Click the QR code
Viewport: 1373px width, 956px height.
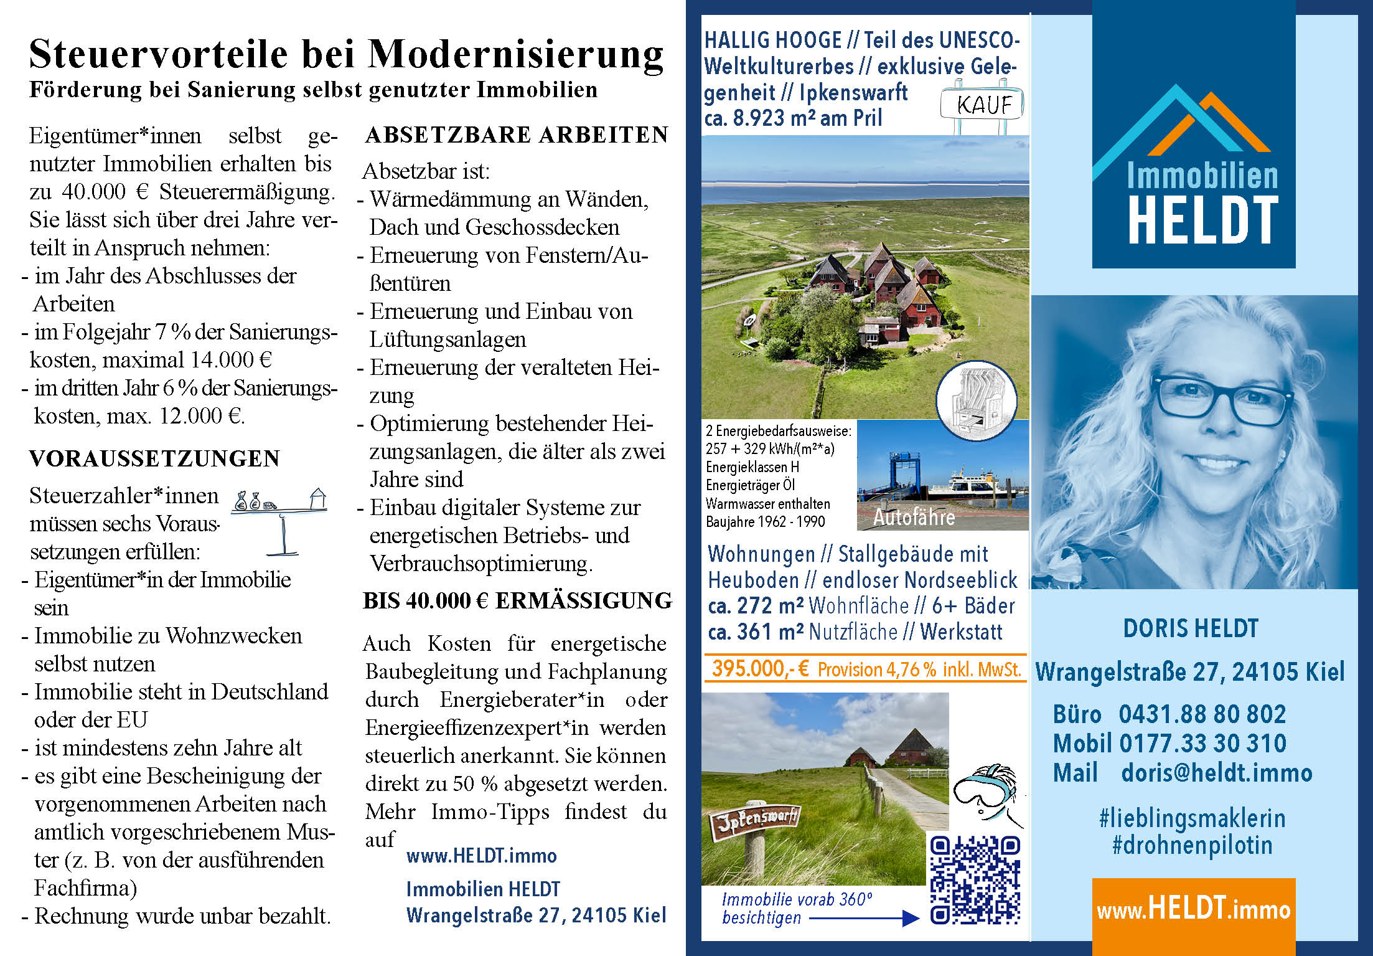[975, 879]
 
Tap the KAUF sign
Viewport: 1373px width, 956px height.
[982, 105]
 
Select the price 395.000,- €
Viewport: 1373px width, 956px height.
[760, 669]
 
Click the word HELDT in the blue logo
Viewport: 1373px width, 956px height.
[1202, 220]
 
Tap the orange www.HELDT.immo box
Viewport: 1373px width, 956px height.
[1193, 910]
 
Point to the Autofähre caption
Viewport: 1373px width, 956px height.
[914, 517]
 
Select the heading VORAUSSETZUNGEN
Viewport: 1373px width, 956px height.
[154, 458]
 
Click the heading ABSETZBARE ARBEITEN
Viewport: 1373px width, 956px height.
[517, 135]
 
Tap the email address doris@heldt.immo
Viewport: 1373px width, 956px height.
[1216, 773]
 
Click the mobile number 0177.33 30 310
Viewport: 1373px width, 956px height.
[1202, 743]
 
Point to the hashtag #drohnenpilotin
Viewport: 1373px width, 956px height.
[1192, 845]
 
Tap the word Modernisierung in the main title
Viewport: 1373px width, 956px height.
[516, 54]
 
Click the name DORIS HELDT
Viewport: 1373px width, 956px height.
[1190, 628]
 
